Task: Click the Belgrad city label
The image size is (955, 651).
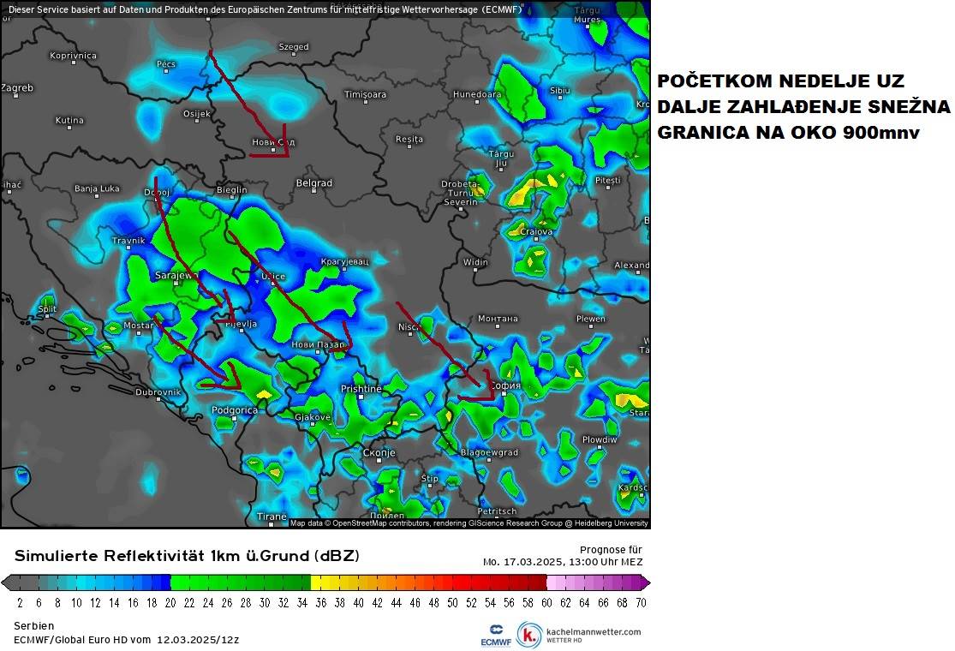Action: click(x=313, y=183)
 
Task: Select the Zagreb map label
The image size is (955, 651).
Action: click(x=17, y=88)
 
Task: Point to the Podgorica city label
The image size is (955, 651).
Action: click(x=234, y=410)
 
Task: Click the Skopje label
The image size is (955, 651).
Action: click(x=378, y=452)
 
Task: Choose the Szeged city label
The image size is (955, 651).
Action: click(x=294, y=47)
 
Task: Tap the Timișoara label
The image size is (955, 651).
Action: click(x=365, y=94)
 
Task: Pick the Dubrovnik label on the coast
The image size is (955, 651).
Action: click(x=158, y=392)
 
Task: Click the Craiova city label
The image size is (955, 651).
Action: click(x=536, y=231)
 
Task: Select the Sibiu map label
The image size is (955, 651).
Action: click(x=559, y=90)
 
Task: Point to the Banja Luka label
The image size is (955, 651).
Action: click(x=97, y=188)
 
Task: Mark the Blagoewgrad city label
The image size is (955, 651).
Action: click(x=489, y=452)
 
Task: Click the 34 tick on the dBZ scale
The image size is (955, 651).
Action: click(x=302, y=602)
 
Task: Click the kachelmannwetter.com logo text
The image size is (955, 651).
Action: click(x=592, y=632)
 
